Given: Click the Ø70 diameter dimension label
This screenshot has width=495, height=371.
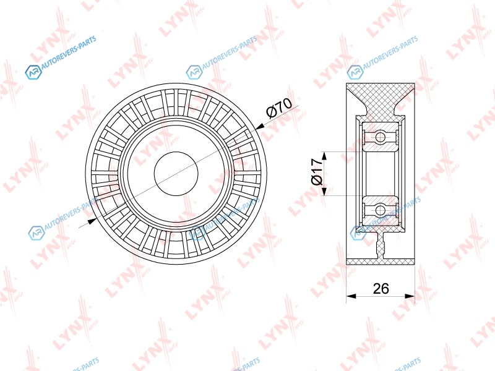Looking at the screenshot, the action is coord(280,108).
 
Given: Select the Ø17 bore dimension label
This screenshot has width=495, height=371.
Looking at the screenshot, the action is coord(316,172).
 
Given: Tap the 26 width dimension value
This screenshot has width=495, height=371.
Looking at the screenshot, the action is coord(381,288).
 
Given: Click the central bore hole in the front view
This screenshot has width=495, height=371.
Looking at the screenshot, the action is coord(176,173).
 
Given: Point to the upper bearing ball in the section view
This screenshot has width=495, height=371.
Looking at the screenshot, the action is coord(381,137).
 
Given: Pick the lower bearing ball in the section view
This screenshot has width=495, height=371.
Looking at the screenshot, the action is coord(381,210).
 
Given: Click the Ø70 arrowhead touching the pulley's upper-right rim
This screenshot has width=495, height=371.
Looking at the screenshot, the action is coord(260,127).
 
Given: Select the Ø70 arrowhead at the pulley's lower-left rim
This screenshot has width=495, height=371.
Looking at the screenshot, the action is coord(91,221).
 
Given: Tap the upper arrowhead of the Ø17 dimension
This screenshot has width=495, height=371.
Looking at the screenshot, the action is coord(324,156).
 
